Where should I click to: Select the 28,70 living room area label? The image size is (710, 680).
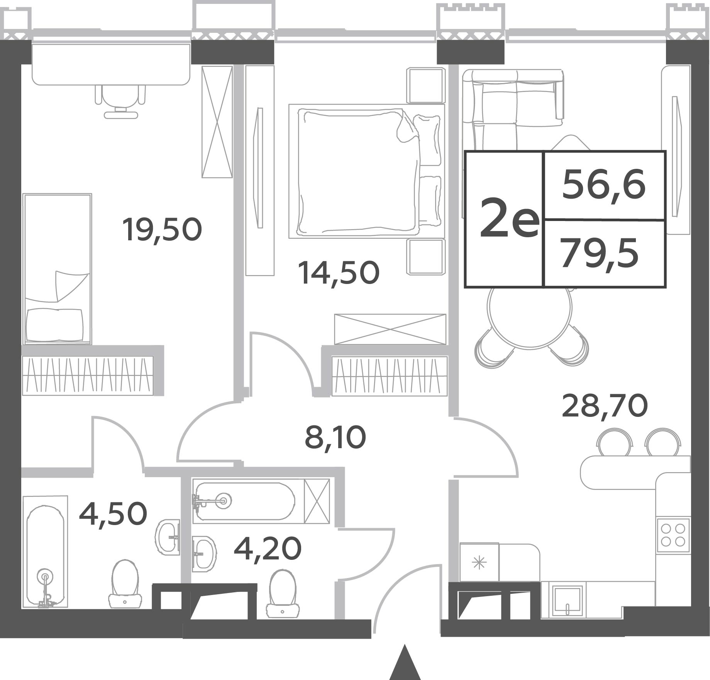[605, 406]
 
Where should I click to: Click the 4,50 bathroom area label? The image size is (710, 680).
[113, 514]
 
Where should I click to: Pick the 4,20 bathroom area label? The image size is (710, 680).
[268, 549]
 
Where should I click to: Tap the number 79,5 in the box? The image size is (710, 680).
[600, 253]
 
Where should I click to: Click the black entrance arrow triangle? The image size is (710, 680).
[405, 663]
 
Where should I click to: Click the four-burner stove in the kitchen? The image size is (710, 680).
[673, 535]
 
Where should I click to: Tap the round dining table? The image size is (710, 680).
[529, 318]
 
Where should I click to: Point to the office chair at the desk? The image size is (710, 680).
[120, 101]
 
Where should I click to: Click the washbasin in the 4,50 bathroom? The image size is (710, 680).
[168, 537]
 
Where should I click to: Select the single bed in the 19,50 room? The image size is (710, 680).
[57, 269]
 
